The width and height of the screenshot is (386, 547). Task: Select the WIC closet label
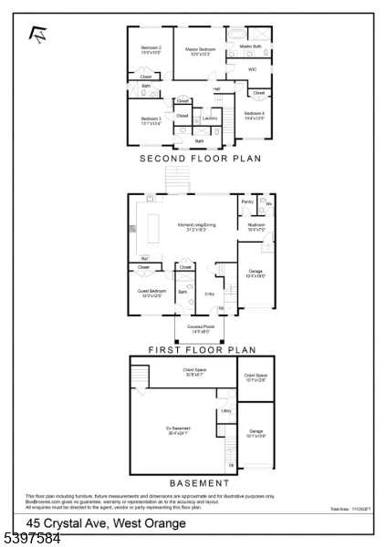(252, 69)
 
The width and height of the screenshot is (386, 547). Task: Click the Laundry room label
(210, 119)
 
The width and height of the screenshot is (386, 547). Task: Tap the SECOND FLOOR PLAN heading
(200, 159)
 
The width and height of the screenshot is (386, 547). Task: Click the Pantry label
(246, 201)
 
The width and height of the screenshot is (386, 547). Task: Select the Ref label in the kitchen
(143, 259)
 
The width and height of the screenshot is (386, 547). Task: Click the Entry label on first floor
(210, 294)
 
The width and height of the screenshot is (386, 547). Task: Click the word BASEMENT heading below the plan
(199, 483)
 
